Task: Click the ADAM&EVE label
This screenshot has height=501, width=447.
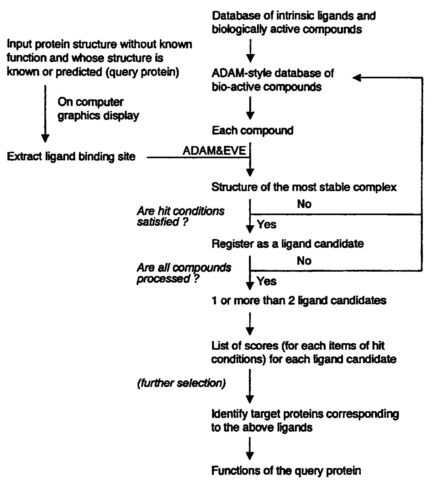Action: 214,151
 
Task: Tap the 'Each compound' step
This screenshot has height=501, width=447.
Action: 252,131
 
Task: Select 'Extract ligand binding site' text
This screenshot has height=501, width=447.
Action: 71,157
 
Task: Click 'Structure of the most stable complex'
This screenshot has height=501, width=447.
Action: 304,187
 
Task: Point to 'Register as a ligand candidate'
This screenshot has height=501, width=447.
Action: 287,244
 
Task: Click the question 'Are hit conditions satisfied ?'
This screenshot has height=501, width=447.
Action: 180,216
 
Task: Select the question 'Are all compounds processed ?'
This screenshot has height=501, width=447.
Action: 184,273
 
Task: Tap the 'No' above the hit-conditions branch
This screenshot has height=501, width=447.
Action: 304,204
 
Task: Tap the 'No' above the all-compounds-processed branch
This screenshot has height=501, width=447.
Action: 304,261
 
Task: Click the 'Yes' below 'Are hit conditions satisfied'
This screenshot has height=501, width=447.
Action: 266,224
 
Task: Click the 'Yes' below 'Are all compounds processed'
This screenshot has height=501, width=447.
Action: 266,281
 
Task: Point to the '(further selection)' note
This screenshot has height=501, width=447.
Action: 181,383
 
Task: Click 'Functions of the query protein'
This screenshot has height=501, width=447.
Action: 286,471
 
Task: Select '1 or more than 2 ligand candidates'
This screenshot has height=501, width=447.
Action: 299,301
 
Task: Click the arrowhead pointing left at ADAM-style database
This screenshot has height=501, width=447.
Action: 357,78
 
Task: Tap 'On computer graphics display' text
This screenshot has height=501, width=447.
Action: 98,109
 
